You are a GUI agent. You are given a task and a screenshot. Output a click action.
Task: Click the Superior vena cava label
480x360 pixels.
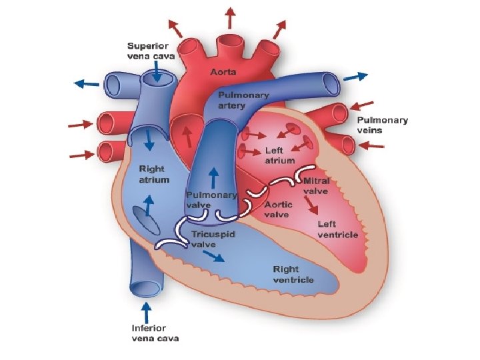151,51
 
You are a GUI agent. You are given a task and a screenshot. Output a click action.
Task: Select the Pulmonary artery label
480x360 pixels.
243,100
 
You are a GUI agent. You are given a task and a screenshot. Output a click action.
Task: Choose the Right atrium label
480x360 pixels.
153,174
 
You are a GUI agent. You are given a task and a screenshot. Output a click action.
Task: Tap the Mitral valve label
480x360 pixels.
316,185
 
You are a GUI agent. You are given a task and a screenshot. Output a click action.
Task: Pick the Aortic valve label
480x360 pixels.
277,209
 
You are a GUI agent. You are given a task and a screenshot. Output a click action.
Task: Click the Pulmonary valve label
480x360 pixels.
211,199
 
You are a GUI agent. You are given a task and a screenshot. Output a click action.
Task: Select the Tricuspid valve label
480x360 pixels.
213,239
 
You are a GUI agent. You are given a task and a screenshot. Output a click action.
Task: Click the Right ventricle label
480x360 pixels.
293,274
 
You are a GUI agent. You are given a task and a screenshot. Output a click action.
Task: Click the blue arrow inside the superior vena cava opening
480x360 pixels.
155,75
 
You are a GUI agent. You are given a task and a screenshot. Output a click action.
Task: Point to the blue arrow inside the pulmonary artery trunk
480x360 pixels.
213,177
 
